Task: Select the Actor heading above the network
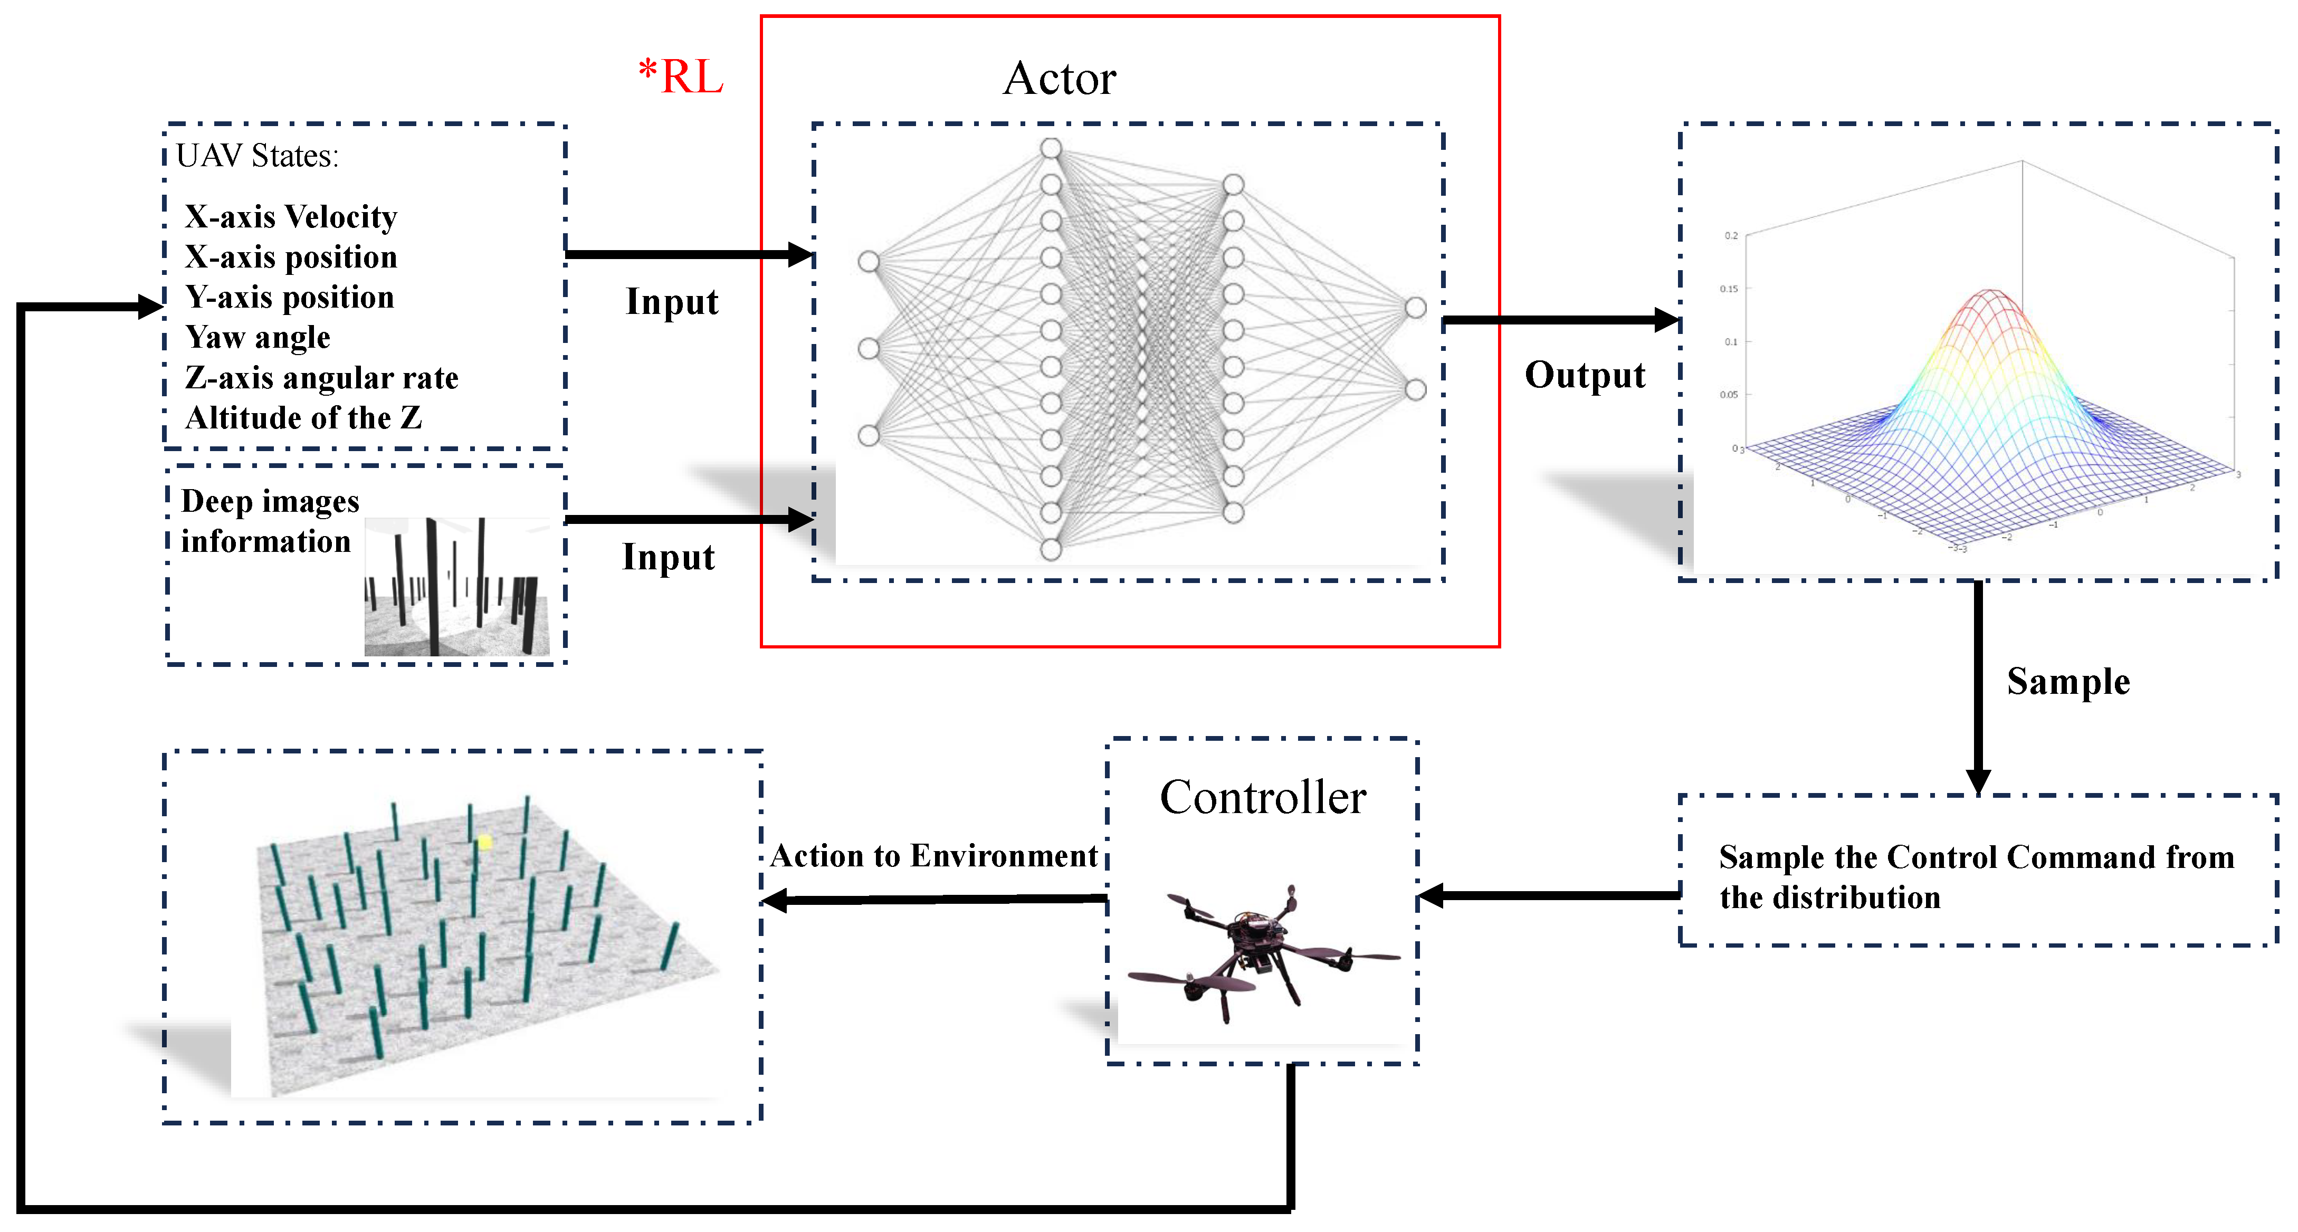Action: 1059,79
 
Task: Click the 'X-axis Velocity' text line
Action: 291,217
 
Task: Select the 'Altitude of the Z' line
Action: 303,417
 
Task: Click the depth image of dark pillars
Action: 457,587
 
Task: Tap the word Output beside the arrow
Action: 1585,375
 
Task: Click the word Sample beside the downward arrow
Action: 2068,682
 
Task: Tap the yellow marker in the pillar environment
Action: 484,841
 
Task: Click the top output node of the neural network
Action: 1416,308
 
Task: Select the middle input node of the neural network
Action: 868,348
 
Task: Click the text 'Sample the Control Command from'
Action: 1976,857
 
